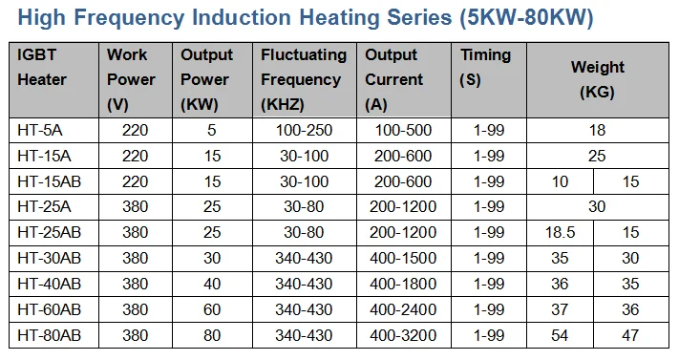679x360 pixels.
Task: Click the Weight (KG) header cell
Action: point(597,80)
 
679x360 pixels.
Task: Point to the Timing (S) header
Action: point(485,68)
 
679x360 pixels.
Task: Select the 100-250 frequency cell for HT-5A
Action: point(304,130)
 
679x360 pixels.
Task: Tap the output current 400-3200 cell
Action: point(402,335)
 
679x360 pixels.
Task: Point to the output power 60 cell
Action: point(213,309)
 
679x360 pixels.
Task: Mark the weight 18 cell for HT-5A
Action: point(597,130)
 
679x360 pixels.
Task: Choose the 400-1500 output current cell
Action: point(402,258)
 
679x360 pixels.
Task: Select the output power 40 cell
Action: point(213,284)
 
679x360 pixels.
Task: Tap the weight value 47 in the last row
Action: point(630,335)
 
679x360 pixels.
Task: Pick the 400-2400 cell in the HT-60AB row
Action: point(402,309)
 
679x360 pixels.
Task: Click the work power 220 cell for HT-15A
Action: point(135,156)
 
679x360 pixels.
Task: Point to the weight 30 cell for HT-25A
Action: point(597,206)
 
